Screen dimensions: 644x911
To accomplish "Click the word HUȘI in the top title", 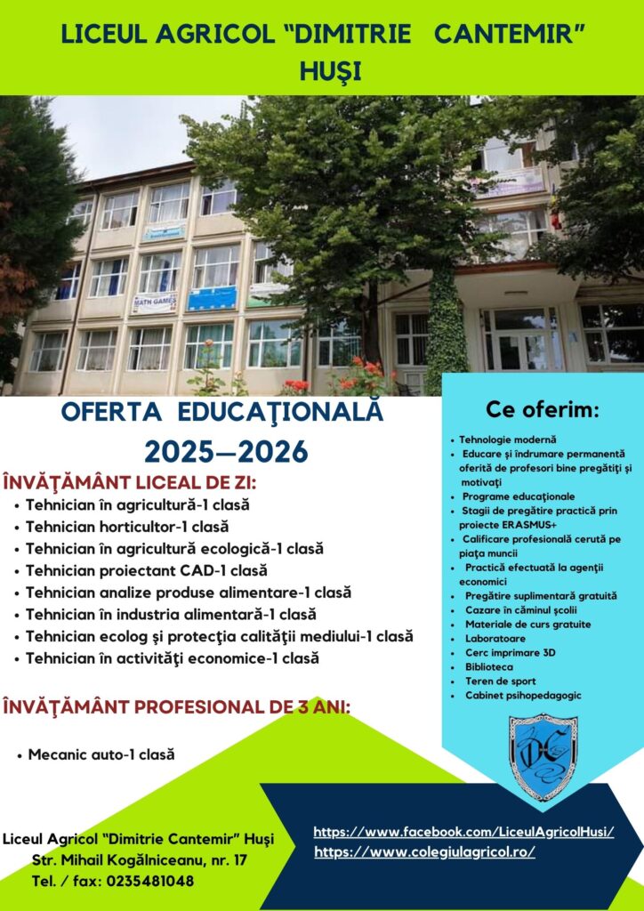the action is coord(330,71).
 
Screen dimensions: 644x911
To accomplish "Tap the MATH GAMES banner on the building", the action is coord(155,302).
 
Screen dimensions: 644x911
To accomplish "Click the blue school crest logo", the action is coord(543,757).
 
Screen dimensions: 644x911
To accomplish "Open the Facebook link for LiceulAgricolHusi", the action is coord(464,832).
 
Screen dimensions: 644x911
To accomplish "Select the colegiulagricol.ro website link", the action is coord(424,852).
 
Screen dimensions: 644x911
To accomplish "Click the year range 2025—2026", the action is coord(226,451).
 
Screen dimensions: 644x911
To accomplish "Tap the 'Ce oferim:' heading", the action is coord(543,410).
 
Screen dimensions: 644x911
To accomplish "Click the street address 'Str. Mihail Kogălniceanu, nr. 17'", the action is coord(140,860).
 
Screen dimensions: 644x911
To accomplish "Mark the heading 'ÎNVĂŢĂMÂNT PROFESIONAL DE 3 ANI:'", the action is coord(176,707).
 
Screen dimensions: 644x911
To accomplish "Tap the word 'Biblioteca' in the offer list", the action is coord(489,667).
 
